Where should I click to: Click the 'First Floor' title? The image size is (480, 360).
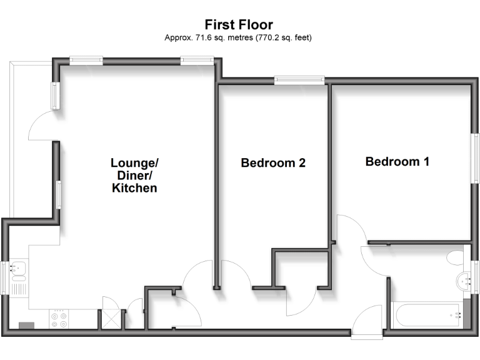click(239, 25)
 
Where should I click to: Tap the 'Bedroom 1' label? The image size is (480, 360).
click(397, 162)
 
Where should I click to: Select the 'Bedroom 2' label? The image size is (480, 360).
click(273, 163)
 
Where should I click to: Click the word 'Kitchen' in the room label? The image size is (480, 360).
click(134, 187)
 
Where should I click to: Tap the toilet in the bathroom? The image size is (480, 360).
click(456, 258)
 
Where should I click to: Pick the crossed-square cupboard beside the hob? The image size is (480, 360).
click(110, 319)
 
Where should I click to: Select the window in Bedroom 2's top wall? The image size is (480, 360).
click(299, 79)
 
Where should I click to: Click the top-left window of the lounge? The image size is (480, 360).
click(86, 60)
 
